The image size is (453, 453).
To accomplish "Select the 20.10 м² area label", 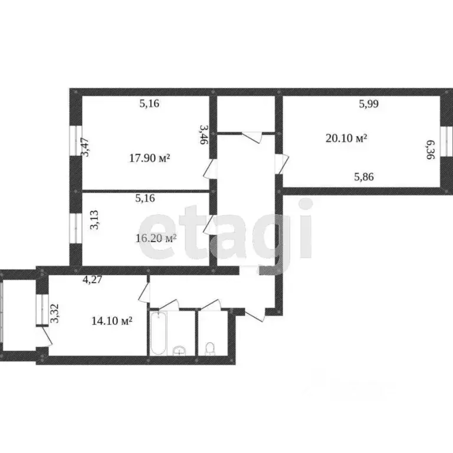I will click(346, 138).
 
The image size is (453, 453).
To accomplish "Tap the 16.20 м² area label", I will click(156, 238).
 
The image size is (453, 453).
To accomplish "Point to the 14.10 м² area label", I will click(111, 321).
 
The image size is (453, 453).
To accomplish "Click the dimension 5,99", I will click(369, 104).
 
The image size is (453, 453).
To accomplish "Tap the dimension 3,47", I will click(86, 146).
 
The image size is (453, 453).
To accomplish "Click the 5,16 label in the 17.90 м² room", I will click(149, 104).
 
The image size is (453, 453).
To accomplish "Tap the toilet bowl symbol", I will click(209, 350).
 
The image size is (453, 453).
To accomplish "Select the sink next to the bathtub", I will click(179, 351).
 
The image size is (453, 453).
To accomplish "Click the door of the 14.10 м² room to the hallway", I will click(144, 291).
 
